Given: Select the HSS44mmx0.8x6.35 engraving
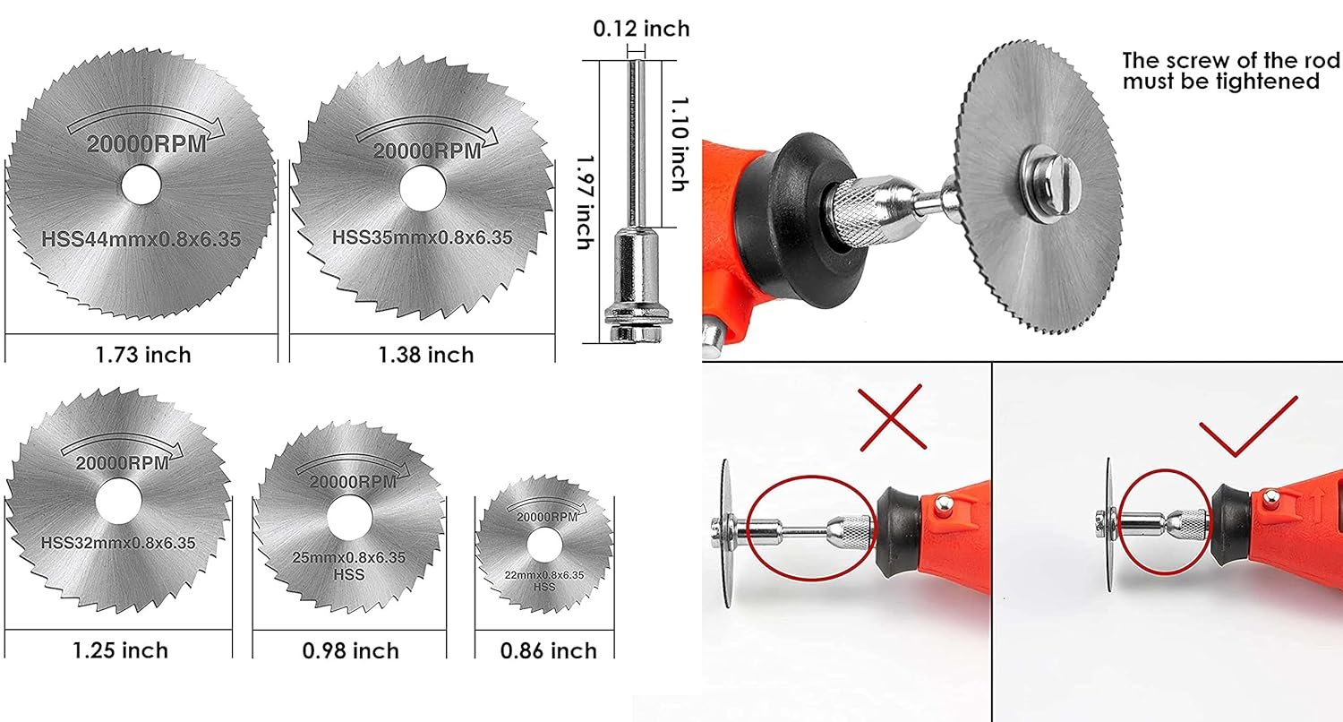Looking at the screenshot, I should tap(141, 239).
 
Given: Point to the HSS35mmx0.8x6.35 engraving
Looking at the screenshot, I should tap(422, 237).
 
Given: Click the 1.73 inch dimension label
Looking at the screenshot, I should tap(143, 355).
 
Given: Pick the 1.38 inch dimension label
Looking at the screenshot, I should tap(425, 355).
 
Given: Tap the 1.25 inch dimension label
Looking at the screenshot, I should tap(120, 649).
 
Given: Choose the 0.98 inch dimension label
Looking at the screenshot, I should tap(350, 649).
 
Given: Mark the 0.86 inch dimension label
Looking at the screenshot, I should tap(549, 650).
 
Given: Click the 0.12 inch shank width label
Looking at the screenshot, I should tap(641, 29).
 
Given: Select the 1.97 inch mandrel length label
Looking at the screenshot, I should tap(584, 202).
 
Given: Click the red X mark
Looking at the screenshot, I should tap(894, 417).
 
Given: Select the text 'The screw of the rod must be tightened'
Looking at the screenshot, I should tap(1230, 71).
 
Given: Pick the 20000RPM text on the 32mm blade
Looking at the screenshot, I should tap(120, 463).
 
